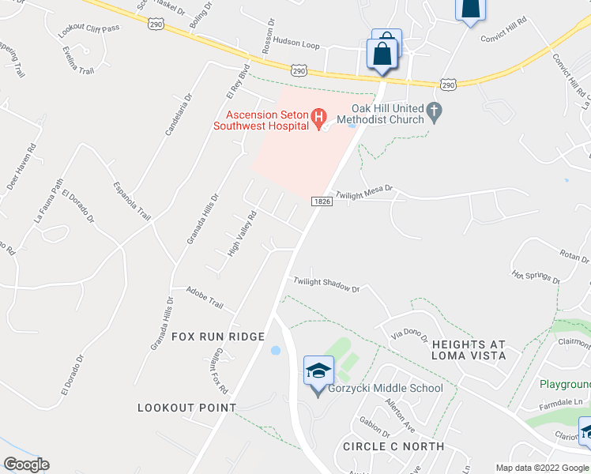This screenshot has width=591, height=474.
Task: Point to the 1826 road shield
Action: pos(321,202)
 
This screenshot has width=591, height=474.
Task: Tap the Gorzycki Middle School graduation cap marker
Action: pos(318,371)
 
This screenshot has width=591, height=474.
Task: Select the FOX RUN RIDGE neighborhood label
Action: pos(218,337)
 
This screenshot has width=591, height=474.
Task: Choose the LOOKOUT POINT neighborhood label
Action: pos(186,408)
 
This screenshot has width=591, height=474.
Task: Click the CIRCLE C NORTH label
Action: pos(393,446)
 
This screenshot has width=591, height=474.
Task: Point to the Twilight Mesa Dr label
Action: pos(364,194)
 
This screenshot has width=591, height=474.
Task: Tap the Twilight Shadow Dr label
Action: pos(326,284)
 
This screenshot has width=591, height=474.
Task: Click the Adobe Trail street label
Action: pos(205,299)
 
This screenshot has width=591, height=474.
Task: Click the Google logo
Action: pos(26,465)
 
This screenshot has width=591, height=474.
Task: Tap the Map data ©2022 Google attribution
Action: pos(542,468)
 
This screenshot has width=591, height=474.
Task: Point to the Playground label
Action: pos(565,384)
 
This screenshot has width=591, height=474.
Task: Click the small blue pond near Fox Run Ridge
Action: pos(275,350)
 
